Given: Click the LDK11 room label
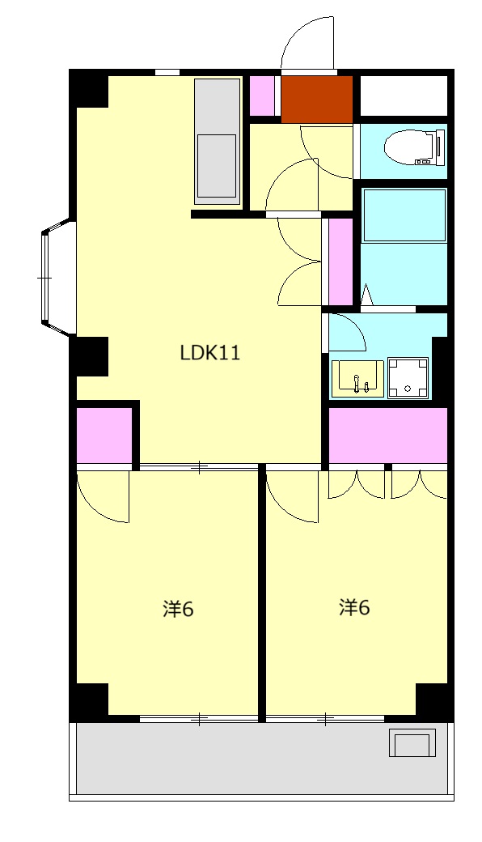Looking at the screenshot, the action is (210, 353).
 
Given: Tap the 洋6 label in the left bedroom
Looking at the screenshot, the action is (178, 609).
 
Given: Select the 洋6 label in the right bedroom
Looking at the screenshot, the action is (354, 607).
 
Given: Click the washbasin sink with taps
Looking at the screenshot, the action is (357, 379).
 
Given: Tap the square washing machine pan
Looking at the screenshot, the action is (408, 378).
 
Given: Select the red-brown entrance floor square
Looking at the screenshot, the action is (317, 99).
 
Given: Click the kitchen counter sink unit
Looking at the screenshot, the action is (217, 141).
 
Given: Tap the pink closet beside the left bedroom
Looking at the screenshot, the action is (104, 435).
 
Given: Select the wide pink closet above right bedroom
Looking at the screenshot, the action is (387, 435).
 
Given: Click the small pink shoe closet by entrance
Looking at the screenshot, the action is (263, 96).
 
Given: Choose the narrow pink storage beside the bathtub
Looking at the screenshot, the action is (340, 262).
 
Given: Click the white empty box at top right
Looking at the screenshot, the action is (404, 96).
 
